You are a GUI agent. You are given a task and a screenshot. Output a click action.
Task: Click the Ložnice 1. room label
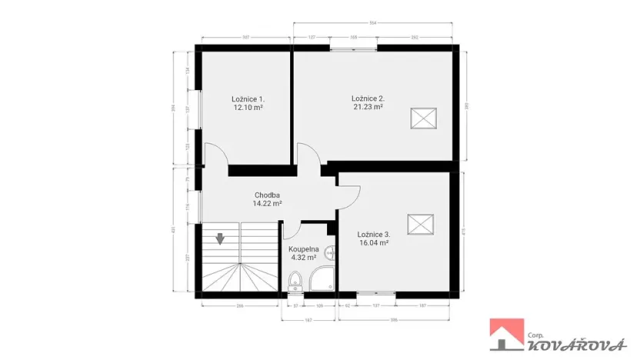click(x=248, y=98)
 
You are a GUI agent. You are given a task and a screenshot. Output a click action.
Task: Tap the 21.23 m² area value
click(x=367, y=108)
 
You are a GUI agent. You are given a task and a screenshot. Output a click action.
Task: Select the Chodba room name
click(x=267, y=195)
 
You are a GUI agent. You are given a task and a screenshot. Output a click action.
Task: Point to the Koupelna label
click(x=303, y=249)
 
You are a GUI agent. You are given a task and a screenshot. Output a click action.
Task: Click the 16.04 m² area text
click(x=373, y=243)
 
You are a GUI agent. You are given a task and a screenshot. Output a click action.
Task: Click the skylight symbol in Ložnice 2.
click(x=422, y=118)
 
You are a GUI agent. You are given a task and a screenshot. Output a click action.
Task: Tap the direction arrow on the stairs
click(x=221, y=238)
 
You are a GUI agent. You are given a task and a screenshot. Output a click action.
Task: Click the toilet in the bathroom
click(x=295, y=287)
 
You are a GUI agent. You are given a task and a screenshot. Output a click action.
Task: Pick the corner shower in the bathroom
click(x=320, y=284)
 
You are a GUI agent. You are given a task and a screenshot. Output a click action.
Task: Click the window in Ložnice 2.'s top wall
click(x=354, y=48)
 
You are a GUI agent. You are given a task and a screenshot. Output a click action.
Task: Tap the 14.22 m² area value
click(x=267, y=204)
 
